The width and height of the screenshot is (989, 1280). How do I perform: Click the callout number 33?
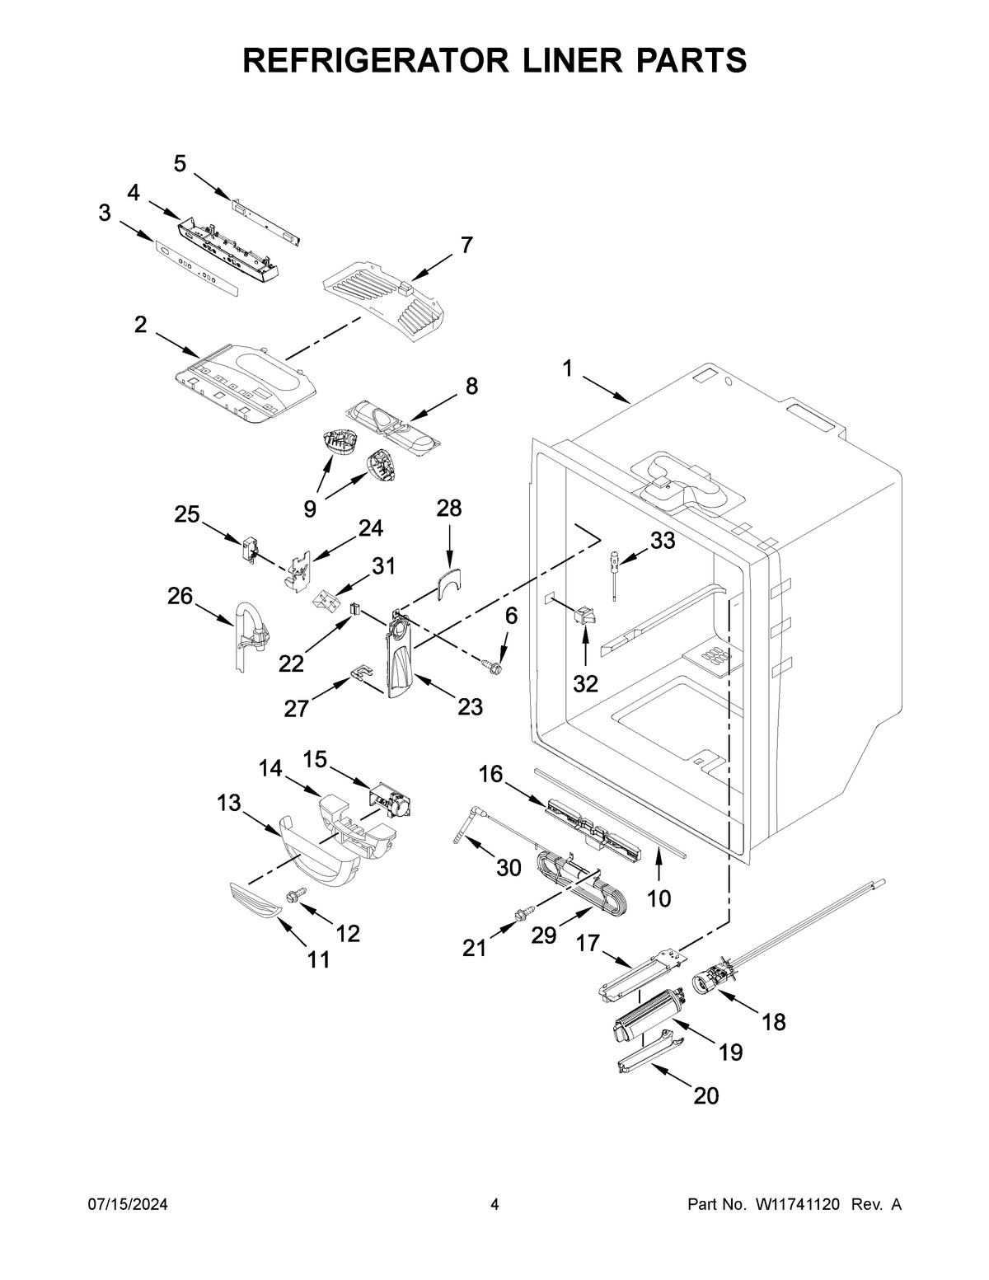pyautogui.click(x=662, y=541)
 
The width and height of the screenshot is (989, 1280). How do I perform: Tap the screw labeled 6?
pyautogui.click(x=494, y=664)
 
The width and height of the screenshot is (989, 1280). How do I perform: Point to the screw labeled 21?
pyautogui.click(x=522, y=913)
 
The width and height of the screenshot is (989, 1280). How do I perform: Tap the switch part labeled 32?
pyautogui.click(x=587, y=615)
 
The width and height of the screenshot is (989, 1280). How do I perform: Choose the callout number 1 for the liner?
pyautogui.click(x=567, y=369)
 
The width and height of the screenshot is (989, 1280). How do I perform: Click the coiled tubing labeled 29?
pyautogui.click(x=577, y=884)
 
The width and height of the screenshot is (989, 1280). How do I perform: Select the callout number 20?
pyautogui.click(x=705, y=1095)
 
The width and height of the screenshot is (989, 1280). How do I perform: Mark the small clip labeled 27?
pyautogui.click(x=360, y=674)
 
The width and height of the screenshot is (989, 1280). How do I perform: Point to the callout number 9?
pyautogui.click(x=309, y=509)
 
